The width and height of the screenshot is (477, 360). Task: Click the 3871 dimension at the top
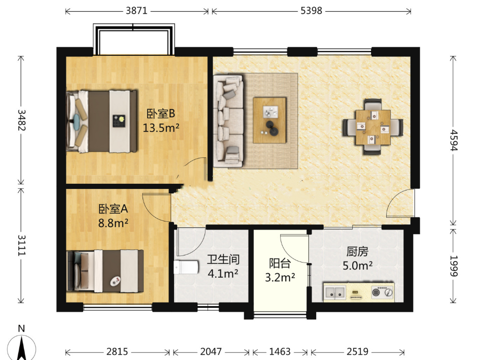click(x=137, y=11)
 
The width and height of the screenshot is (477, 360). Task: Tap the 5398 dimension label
click(x=311, y=11)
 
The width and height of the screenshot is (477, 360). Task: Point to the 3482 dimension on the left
click(x=21, y=120)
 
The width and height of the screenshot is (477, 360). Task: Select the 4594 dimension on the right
click(x=453, y=140)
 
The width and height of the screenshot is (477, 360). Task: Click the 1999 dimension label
click(x=453, y=266)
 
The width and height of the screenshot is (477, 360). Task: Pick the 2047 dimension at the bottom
click(x=211, y=352)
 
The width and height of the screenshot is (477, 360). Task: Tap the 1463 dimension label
click(x=280, y=352)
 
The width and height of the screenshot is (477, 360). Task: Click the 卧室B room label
click(x=161, y=114)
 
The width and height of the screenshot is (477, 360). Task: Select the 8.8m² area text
click(x=113, y=223)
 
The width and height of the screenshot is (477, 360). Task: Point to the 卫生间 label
click(x=223, y=259)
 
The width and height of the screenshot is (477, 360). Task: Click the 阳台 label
click(x=280, y=263)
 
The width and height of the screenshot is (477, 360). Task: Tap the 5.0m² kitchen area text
click(x=358, y=266)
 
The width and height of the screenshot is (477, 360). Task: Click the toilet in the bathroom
click(x=186, y=268)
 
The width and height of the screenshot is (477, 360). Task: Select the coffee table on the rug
click(x=270, y=120)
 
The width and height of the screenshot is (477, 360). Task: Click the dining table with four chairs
click(x=373, y=127)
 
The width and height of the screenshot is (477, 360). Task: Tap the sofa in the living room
click(x=228, y=121)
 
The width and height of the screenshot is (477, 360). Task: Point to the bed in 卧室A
click(x=105, y=271)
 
